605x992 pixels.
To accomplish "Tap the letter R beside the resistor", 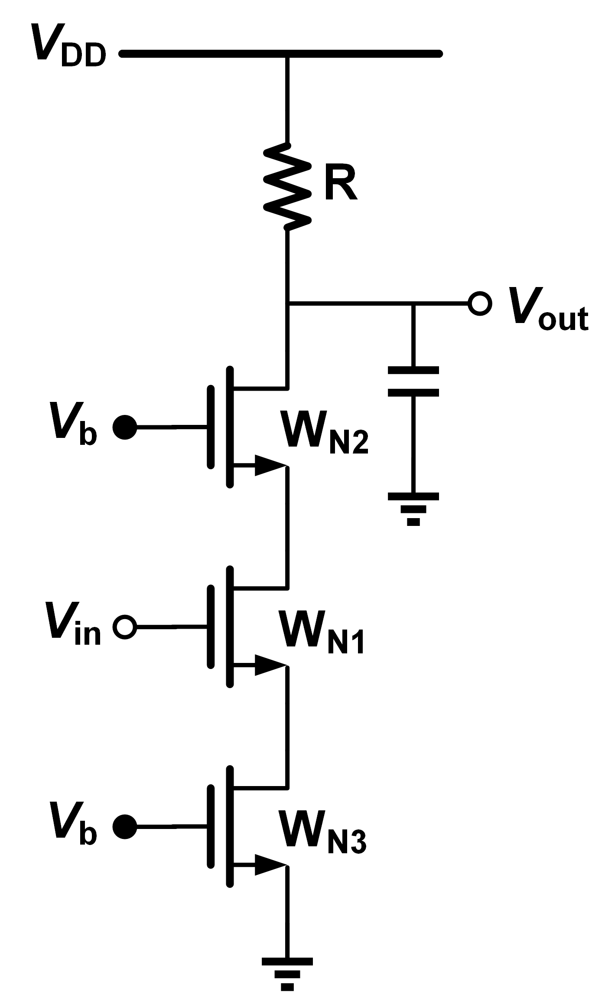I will (x=341, y=184).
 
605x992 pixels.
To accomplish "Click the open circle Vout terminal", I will (x=480, y=304).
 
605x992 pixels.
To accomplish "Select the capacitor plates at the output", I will (x=413, y=382).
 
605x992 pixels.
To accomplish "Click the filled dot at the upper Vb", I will (x=125, y=427).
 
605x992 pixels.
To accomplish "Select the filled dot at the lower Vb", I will (x=125, y=827).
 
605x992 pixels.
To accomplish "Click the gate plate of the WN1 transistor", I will (x=211, y=627).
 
